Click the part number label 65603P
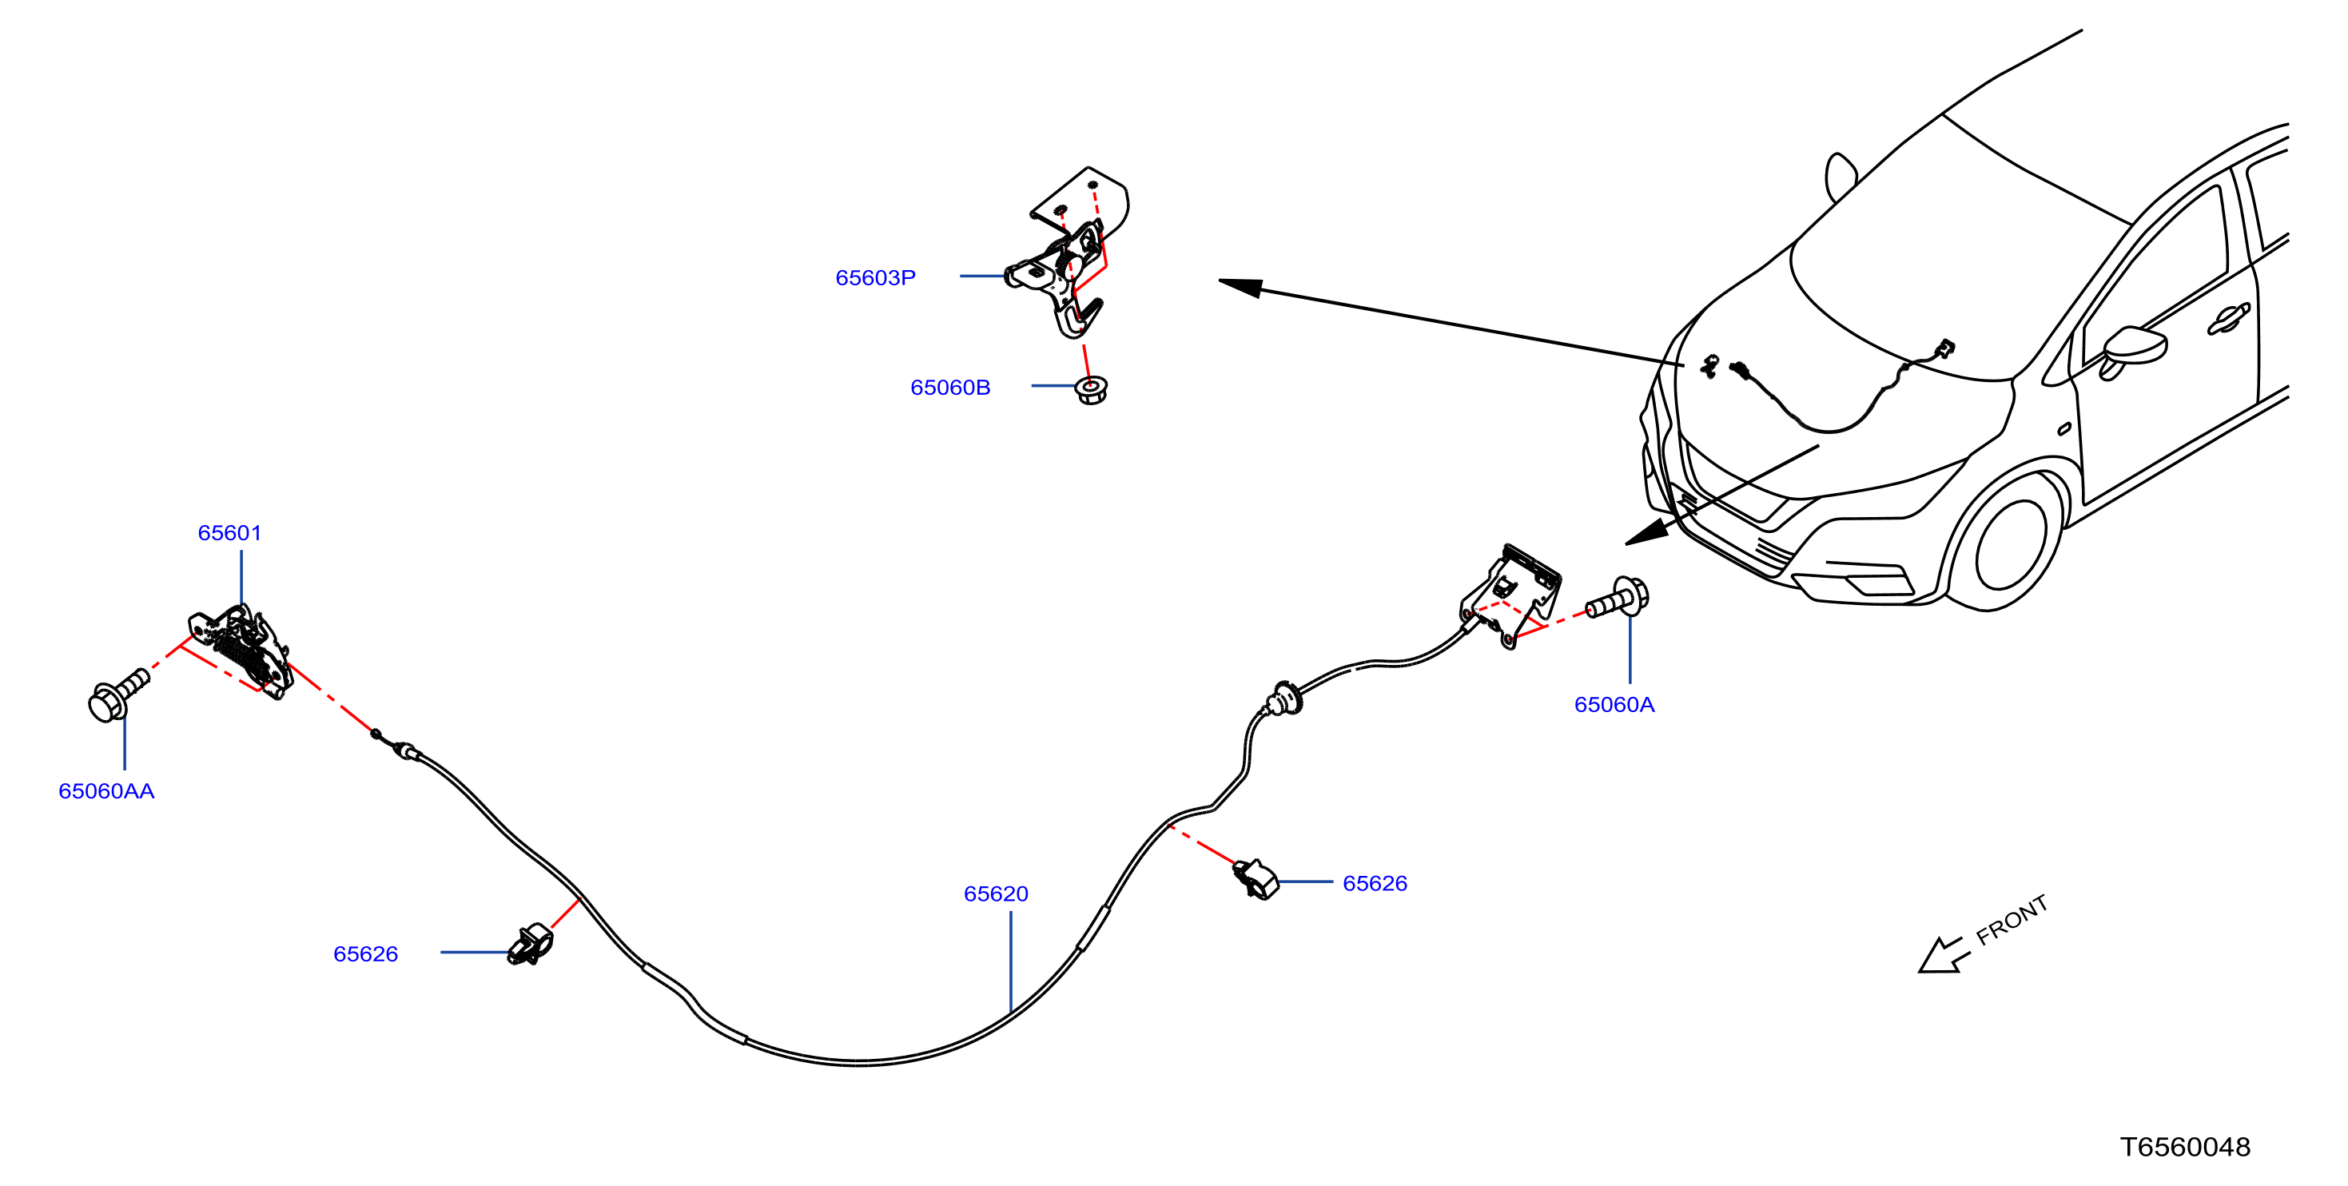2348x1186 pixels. point(875,277)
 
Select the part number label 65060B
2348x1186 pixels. point(949,388)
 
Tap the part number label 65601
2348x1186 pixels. point(229,532)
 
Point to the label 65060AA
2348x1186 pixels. point(106,790)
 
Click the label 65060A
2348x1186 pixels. point(1614,704)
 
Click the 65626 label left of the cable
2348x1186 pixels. point(365,953)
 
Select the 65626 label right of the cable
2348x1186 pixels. point(1375,882)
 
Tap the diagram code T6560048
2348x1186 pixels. point(2185,1146)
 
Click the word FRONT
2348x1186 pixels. point(2012,919)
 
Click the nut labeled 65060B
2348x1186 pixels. point(1091,390)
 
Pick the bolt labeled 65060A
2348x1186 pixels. point(1618,598)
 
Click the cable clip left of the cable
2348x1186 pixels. point(531,945)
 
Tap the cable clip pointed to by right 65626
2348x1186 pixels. point(1256,879)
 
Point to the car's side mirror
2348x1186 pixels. point(2133,349)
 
